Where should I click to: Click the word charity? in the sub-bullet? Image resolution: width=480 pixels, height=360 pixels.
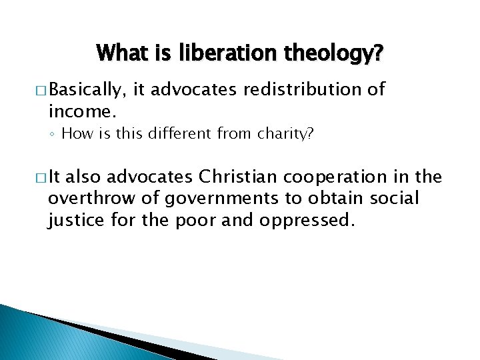pos(288,133)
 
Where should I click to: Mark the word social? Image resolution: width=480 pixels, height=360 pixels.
pos(397,198)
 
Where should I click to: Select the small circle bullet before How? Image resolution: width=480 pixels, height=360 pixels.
pos(53,134)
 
